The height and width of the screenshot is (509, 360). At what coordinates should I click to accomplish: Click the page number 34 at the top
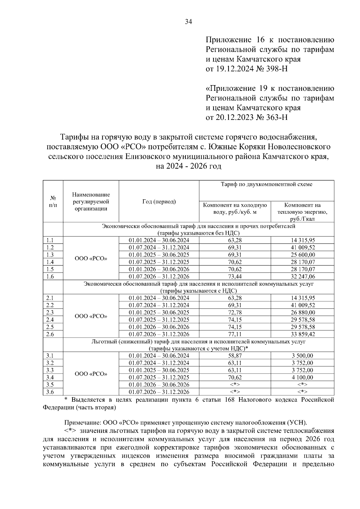click(x=188, y=22)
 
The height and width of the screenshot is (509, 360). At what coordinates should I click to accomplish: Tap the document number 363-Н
click(x=275, y=117)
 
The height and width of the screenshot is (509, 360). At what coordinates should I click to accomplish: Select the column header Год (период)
click(x=159, y=202)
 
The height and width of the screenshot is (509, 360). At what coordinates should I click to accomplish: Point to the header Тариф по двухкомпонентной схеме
click(x=266, y=184)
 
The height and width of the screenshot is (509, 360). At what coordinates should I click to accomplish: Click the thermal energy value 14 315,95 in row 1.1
click(x=302, y=240)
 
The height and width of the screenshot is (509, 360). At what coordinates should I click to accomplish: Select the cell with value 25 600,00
click(x=302, y=255)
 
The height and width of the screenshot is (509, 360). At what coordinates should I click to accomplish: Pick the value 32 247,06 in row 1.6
click(x=302, y=277)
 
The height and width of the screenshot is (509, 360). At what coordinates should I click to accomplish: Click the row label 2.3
click(x=50, y=312)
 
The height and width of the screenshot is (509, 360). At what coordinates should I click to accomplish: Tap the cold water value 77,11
click(x=235, y=334)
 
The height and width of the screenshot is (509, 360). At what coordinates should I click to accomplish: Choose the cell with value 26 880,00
click(x=302, y=312)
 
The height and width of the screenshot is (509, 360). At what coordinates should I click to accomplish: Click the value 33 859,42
click(x=302, y=334)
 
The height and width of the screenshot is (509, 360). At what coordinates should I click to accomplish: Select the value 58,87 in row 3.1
click(x=235, y=356)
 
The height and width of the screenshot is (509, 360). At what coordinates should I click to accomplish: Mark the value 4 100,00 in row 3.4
click(x=302, y=377)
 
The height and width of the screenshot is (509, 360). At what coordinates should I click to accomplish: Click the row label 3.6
click(x=50, y=392)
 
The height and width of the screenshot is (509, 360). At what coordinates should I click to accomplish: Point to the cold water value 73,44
click(x=235, y=277)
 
